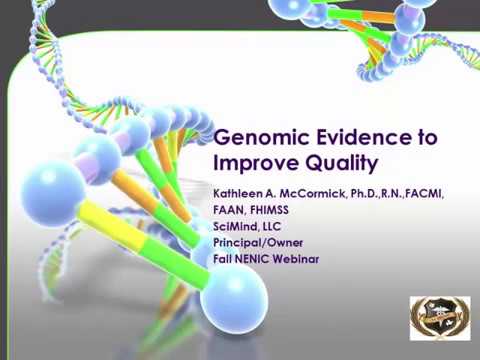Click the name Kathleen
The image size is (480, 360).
click(x=239, y=193)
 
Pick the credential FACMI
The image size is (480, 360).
click(x=424, y=193)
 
